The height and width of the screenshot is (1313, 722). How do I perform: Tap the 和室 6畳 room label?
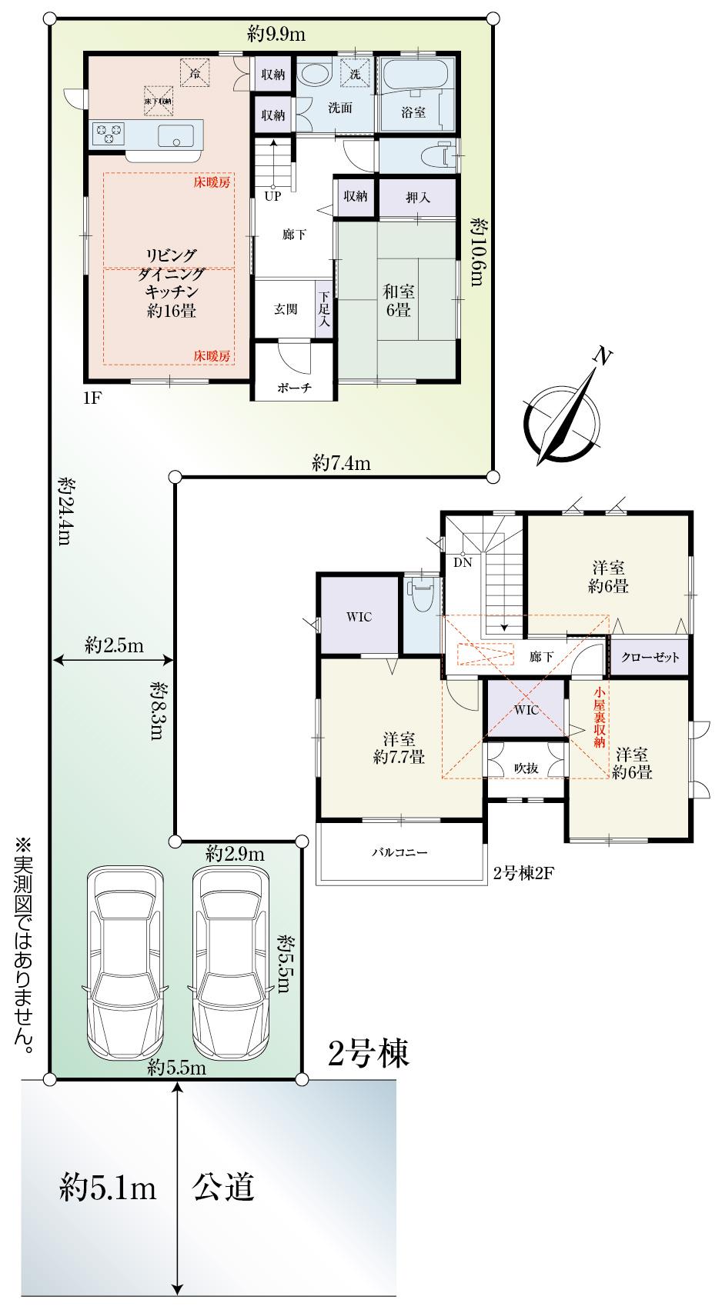(399, 300)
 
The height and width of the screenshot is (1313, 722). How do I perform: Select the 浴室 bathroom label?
(413, 112)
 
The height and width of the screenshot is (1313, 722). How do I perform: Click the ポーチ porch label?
(294, 388)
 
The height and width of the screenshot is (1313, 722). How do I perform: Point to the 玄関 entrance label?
(286, 309)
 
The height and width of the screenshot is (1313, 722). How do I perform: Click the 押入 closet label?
(418, 198)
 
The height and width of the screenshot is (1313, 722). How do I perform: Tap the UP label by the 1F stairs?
(272, 196)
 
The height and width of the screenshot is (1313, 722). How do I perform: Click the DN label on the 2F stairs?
(463, 562)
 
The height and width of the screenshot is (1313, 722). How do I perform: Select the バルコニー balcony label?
(400, 852)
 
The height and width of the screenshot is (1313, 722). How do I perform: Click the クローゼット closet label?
(650, 657)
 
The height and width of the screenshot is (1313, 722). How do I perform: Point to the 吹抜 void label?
(526, 768)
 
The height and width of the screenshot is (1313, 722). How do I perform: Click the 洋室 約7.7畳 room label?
(399, 748)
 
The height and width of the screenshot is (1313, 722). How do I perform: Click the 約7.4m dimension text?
(341, 464)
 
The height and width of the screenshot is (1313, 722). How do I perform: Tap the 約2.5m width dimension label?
(115, 645)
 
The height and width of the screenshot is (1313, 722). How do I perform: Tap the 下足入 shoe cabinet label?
(324, 309)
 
